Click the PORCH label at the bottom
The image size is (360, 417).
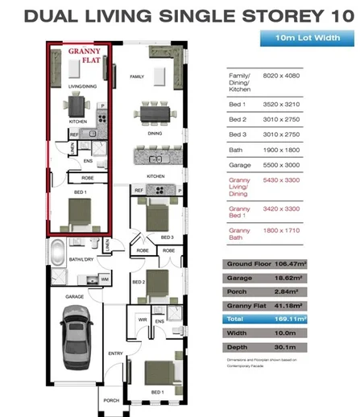pos(112,400)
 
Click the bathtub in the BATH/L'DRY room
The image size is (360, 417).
pos(58,257)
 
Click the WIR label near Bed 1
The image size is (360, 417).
pos(142,320)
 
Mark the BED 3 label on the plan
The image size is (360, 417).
pos(168,237)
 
